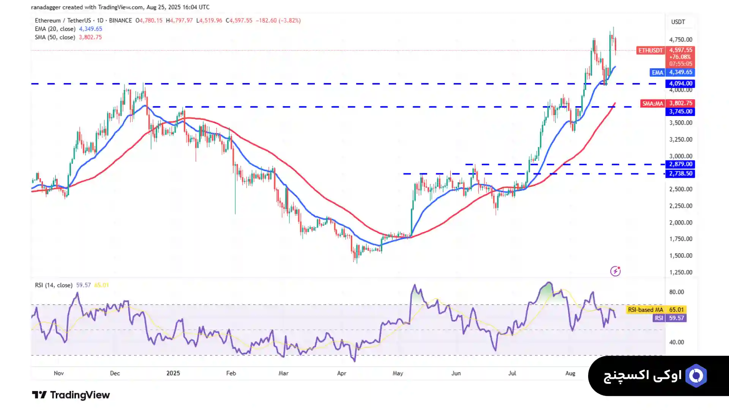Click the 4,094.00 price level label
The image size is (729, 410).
pyautogui.click(x=680, y=83)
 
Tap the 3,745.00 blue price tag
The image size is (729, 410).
pyautogui.click(x=680, y=112)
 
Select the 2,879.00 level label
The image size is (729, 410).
pyautogui.click(x=680, y=164)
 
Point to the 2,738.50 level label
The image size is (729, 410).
pyautogui.click(x=680, y=173)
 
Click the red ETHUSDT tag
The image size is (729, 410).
pyautogui.click(x=650, y=50)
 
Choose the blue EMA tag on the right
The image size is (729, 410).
pyautogui.click(x=657, y=72)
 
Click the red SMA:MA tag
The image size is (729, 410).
pyautogui.click(x=652, y=103)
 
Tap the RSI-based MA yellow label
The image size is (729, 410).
pyautogui.click(x=645, y=310)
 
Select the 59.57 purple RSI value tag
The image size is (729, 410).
pyautogui.click(x=676, y=318)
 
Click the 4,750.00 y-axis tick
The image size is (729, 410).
pyautogui.click(x=680, y=39)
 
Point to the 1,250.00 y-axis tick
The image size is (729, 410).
pyautogui.click(x=680, y=272)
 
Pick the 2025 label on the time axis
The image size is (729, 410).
pyautogui.click(x=173, y=373)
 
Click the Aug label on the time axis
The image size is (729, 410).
pyautogui.click(x=570, y=373)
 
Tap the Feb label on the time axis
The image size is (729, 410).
pyautogui.click(x=231, y=373)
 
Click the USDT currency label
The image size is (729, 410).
pyautogui.click(x=678, y=22)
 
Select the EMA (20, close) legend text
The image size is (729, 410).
pyautogui.click(x=55, y=29)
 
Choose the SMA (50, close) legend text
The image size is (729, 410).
pyautogui.click(x=55, y=37)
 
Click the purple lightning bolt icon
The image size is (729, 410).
pyautogui.click(x=615, y=271)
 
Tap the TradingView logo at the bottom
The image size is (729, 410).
pyautogui.click(x=71, y=395)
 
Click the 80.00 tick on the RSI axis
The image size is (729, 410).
pyautogui.click(x=676, y=292)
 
